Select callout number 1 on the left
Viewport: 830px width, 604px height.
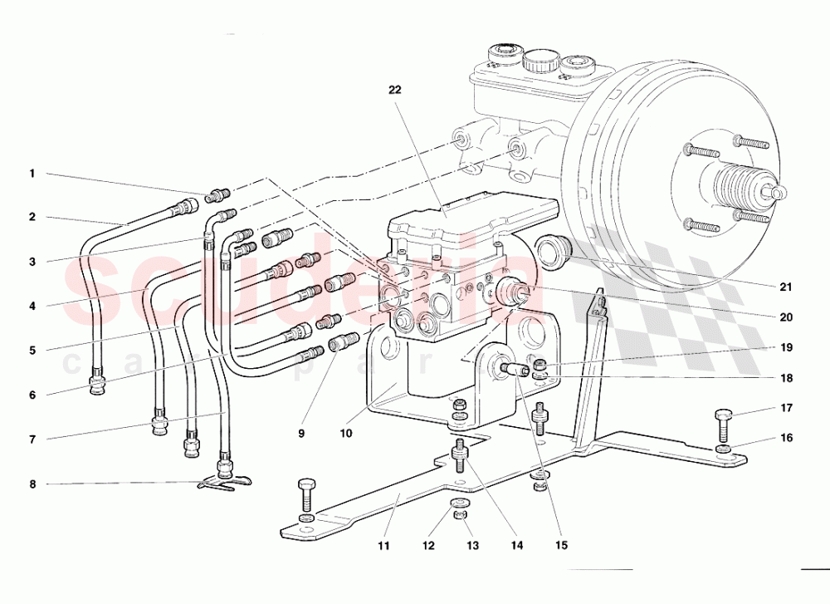tap(32, 174)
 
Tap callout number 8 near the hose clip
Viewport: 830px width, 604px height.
tap(32, 484)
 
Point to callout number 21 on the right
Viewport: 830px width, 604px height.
tap(785, 287)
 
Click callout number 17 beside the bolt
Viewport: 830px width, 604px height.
tap(785, 408)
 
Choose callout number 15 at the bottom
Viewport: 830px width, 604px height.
tap(561, 547)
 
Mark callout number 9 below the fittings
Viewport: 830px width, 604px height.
tap(302, 433)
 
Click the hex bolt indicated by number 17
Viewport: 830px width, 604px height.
tap(723, 423)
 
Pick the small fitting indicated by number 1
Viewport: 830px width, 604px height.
tap(218, 196)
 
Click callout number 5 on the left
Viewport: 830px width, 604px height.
tap(32, 350)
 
